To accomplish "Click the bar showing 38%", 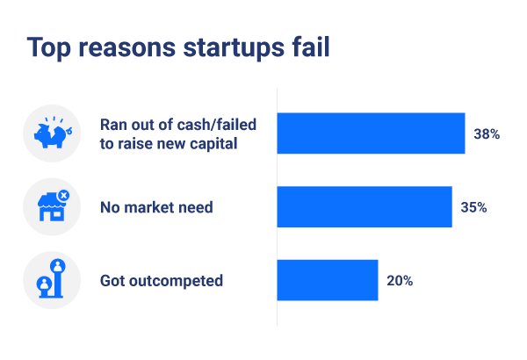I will coord(371,133).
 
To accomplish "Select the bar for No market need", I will coord(365,207).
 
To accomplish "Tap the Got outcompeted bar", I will coord(328,281).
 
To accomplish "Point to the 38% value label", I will coord(486,134).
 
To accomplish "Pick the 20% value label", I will coord(399,282).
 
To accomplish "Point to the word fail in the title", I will coord(310,47).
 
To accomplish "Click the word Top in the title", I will coord(48,47).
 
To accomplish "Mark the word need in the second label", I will coord(196,208).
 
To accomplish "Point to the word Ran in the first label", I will coord(112,124).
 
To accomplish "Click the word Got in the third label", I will coord(112,282).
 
